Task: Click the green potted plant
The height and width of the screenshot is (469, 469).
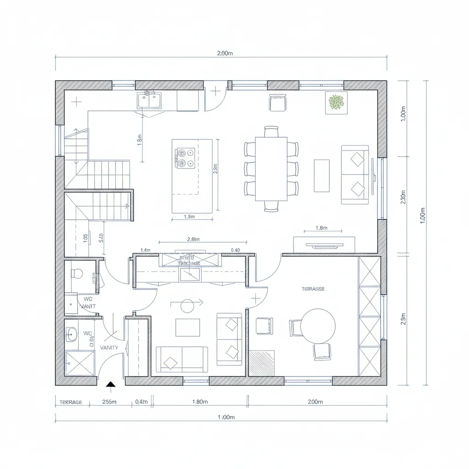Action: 337,103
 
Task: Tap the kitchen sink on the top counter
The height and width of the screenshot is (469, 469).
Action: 149,100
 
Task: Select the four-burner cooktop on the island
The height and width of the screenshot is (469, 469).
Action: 186,158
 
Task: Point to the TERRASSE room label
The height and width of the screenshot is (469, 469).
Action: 313,289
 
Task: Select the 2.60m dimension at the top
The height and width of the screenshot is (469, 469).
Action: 224,53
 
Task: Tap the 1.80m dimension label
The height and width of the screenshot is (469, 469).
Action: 200,402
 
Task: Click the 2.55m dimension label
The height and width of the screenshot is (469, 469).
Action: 109,402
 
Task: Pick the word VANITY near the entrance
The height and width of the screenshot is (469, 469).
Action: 109,348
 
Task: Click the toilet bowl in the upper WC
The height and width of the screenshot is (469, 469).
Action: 77,273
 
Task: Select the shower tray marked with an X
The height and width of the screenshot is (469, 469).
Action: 79,363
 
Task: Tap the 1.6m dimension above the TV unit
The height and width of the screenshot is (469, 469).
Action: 322,228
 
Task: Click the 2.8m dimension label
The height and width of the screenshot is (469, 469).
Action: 194,239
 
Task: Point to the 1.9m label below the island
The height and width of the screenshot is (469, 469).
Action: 189,217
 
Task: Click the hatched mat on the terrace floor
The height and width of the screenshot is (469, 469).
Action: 262,363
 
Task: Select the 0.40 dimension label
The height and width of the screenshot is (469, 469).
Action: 235,250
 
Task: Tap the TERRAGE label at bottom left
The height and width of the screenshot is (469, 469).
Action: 71,402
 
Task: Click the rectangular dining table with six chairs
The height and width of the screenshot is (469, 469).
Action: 271,169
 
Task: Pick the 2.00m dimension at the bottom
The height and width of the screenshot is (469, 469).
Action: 315,402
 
